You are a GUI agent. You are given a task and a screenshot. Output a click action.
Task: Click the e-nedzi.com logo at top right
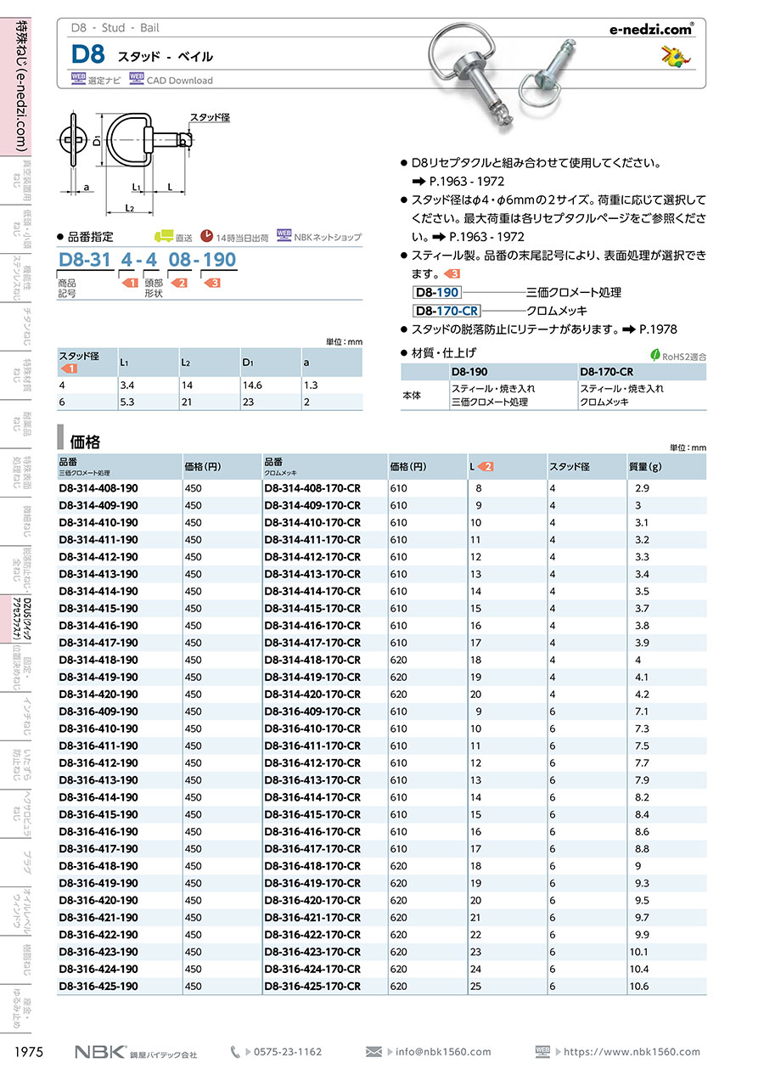(652, 28)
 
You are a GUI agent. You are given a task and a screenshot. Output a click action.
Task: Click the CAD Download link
(179, 81)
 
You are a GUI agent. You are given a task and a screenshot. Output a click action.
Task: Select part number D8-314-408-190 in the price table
(98, 488)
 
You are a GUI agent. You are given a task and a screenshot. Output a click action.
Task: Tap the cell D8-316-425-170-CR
(312, 986)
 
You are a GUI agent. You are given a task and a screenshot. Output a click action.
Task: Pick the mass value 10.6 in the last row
(638, 986)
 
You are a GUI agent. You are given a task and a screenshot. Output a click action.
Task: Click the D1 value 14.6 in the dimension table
(252, 385)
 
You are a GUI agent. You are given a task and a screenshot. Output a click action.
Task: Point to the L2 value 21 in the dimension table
(187, 402)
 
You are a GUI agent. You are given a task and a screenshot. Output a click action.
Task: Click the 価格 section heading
(86, 442)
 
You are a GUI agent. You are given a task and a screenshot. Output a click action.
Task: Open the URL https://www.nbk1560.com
(632, 1052)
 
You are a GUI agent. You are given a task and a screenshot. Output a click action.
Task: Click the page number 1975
(29, 1052)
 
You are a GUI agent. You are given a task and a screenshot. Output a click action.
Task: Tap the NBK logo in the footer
(100, 1052)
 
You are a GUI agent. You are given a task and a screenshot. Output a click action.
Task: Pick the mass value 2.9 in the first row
(641, 488)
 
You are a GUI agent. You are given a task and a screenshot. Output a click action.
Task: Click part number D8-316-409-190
(98, 712)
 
